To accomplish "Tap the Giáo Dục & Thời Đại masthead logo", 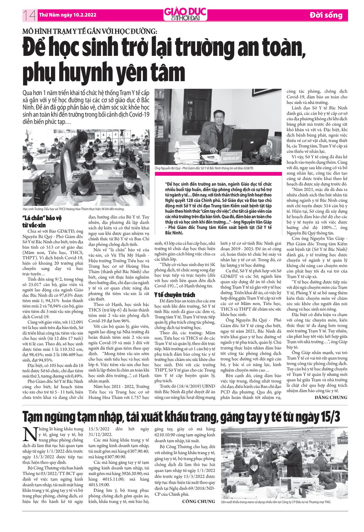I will tap(185, 14).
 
